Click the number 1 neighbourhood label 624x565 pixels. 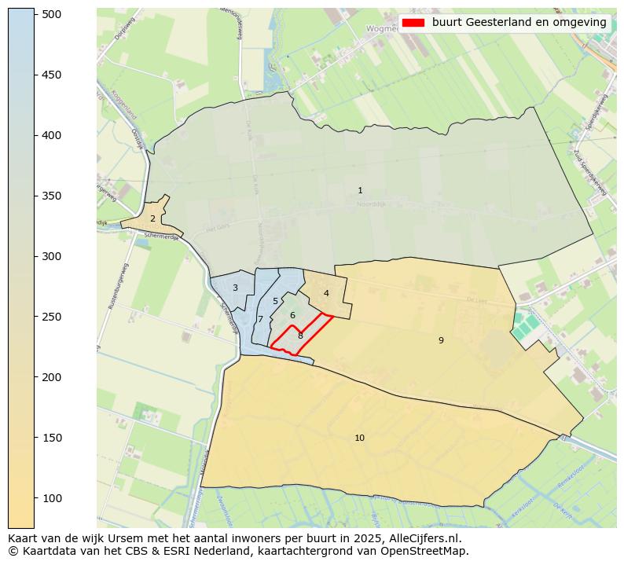tap(360, 191)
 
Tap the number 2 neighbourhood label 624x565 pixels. tap(152, 218)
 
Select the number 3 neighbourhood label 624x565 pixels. tap(235, 288)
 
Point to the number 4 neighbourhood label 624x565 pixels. tap(326, 294)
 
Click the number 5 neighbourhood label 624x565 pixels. tap(275, 302)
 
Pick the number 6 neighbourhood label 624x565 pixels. tap(292, 316)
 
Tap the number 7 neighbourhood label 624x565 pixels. tap(260, 320)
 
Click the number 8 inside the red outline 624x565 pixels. tap(300, 336)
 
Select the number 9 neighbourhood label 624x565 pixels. tap(441, 340)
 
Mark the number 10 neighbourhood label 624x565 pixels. tap(359, 438)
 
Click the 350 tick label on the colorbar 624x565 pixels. tap(51, 196)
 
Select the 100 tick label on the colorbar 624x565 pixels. tap(51, 498)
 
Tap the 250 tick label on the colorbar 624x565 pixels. tap(51, 317)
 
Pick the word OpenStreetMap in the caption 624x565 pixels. tap(431, 552)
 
